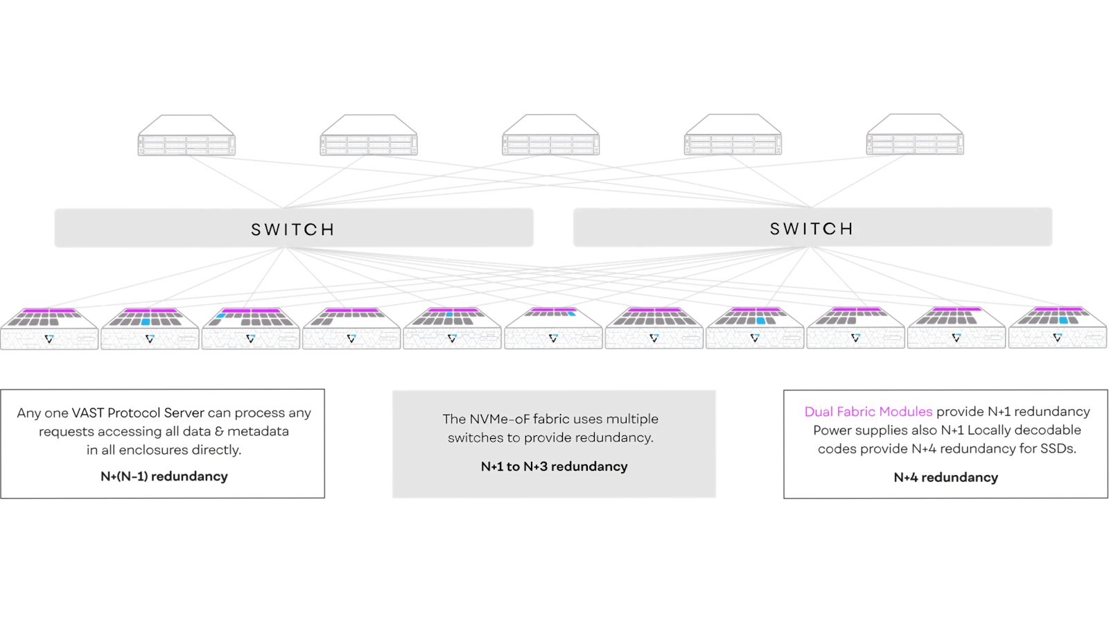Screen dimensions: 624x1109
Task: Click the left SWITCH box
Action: (x=294, y=228)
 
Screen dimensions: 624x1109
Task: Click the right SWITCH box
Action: (x=812, y=227)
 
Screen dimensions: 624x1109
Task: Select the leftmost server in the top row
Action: (x=186, y=137)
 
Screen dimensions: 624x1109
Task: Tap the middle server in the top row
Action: (x=550, y=137)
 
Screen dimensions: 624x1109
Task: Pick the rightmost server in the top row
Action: (x=915, y=137)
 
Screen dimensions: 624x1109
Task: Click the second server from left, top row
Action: (x=368, y=137)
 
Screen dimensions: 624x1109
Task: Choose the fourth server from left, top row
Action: (x=733, y=137)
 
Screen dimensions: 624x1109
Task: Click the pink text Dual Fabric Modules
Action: (x=868, y=412)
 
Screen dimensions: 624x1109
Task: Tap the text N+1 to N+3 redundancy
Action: (x=554, y=467)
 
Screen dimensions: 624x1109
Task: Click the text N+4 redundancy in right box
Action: (x=945, y=478)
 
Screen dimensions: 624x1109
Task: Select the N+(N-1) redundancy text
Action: (x=164, y=476)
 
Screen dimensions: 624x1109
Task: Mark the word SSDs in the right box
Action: (x=1058, y=449)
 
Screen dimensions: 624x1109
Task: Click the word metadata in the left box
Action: (x=258, y=431)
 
